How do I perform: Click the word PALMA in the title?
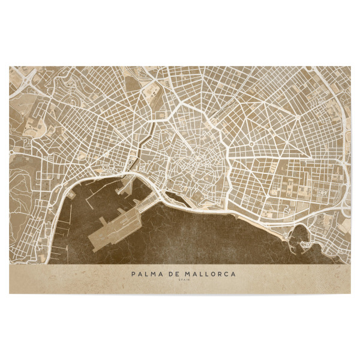click(x=145, y=274)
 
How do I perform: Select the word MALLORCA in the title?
click(x=207, y=274)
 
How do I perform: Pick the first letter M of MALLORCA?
click(x=184, y=274)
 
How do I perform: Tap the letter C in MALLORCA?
click(x=227, y=274)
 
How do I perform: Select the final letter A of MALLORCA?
click(x=234, y=274)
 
